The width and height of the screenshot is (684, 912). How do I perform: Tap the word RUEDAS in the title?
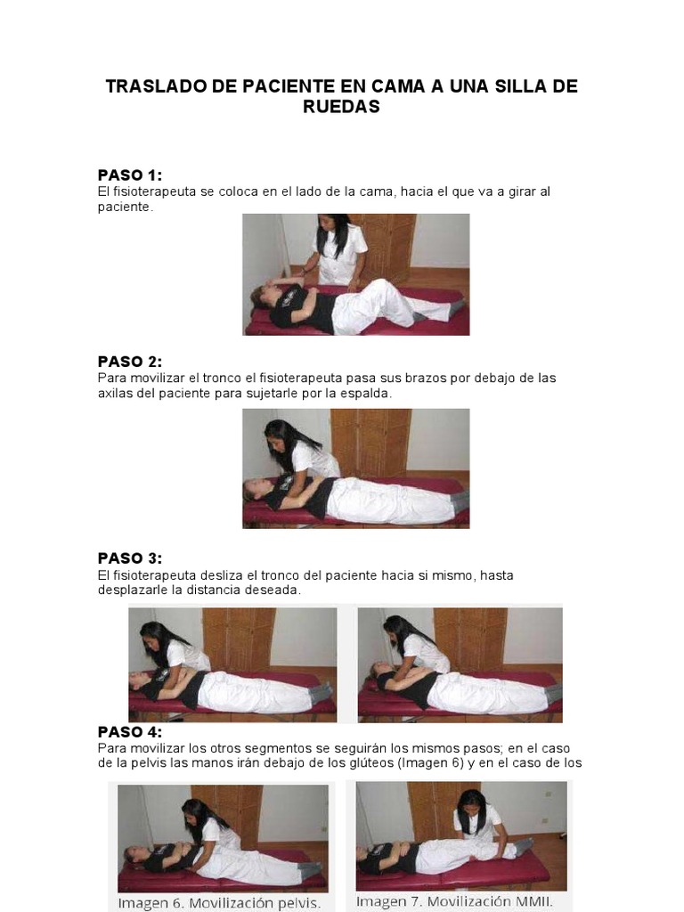pos(341,107)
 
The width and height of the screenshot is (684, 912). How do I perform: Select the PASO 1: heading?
pos(130,175)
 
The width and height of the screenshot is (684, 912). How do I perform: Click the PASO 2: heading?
pos(130,362)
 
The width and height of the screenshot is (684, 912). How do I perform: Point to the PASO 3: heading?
pos(130,558)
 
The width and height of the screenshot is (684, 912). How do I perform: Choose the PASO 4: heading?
pos(130,732)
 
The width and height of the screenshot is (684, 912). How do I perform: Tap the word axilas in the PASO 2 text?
pos(113,393)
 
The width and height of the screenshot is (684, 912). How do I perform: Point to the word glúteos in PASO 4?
pos(366,762)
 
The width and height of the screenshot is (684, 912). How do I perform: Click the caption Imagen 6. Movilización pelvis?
pos(219,903)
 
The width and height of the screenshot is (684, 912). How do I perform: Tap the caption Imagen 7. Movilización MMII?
pos(454,902)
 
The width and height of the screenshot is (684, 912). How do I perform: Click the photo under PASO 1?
pos(356,274)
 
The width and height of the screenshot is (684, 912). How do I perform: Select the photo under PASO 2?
pos(356,468)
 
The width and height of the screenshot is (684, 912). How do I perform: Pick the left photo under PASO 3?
pos(232,664)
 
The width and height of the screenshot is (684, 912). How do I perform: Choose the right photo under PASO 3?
pos(460,664)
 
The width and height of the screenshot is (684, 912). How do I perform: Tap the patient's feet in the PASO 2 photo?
pos(460,501)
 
